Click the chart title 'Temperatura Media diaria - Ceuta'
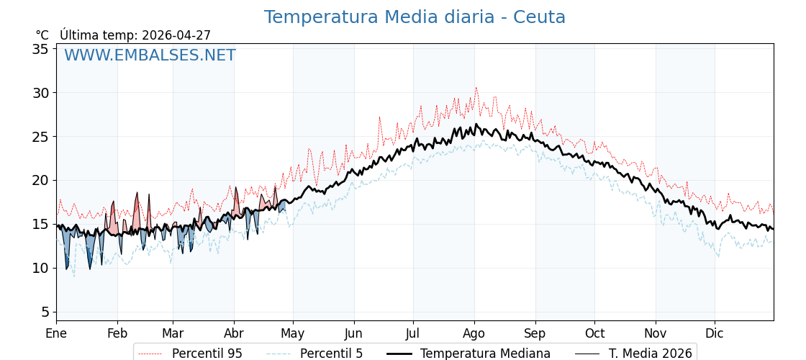pos(415,17)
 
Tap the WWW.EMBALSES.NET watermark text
pos(150,55)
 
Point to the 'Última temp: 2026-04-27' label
pos(135,35)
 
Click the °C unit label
pos(42,35)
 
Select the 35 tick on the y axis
pos(40,49)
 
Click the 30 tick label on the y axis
pos(40,93)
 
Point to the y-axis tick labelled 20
pos(40,180)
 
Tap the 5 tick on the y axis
pos(45,312)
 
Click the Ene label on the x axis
pos(56,333)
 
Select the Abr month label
pos(234,333)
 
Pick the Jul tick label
pos(413,333)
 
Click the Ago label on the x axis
pos(474,333)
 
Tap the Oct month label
pos(594,333)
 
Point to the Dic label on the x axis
pos(715,333)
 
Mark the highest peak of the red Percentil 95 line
pos(476,89)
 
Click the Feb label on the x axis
pos(117,333)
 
